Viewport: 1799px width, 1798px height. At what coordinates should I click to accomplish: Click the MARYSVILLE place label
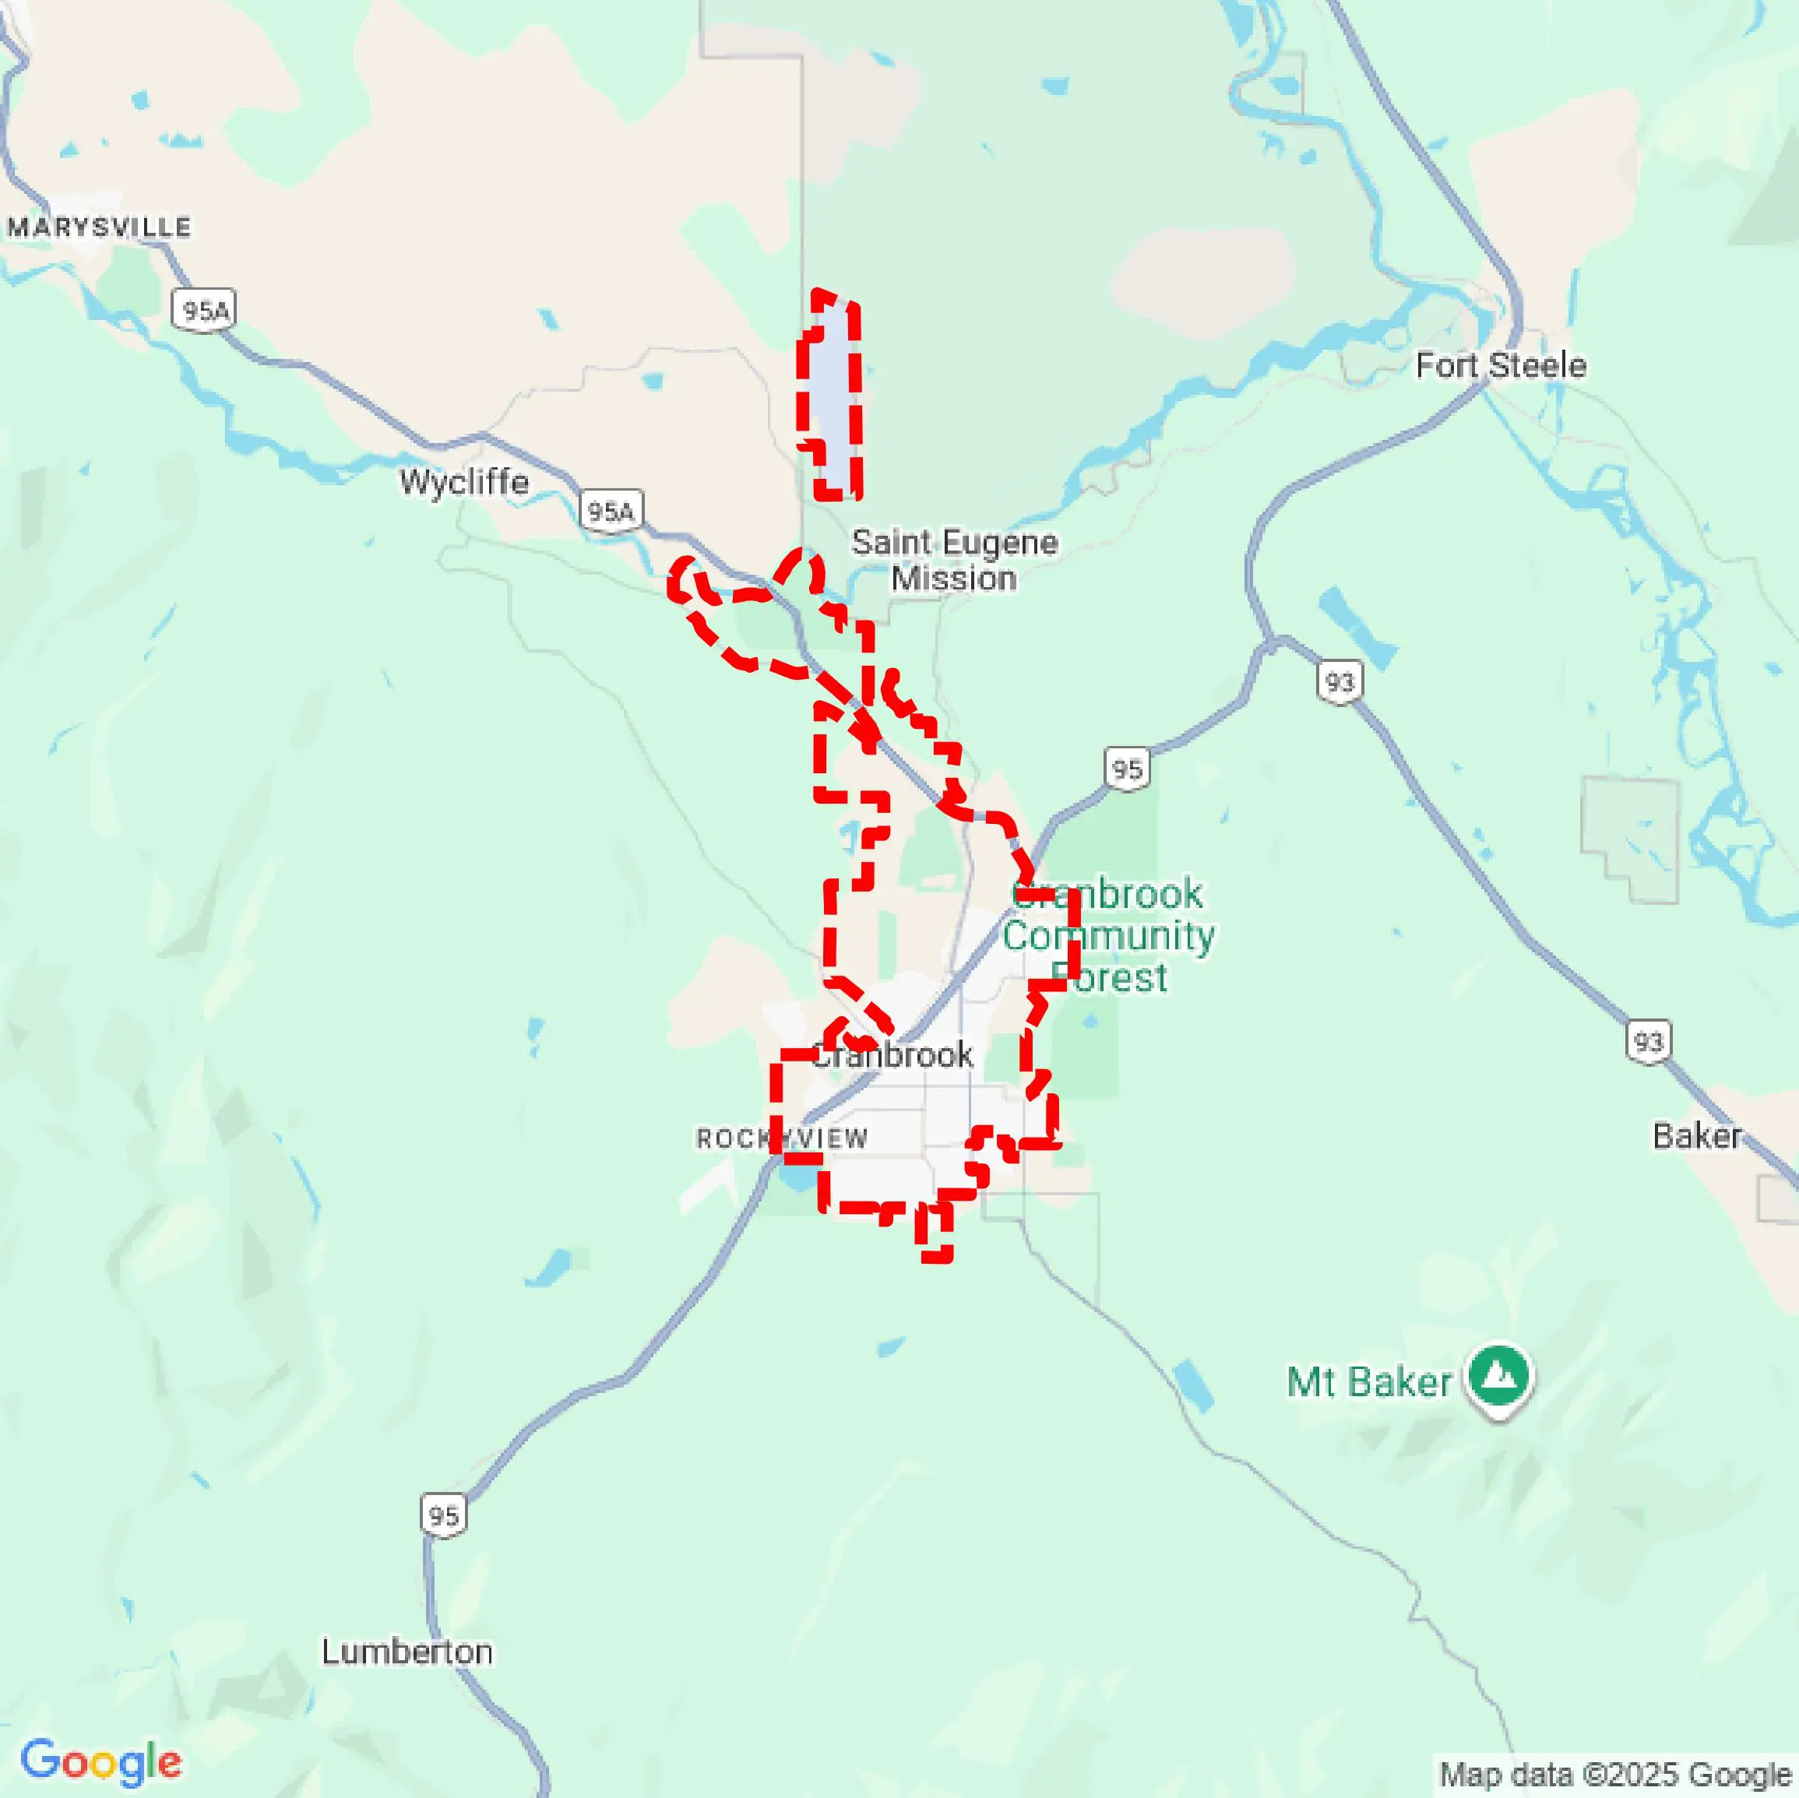(x=100, y=227)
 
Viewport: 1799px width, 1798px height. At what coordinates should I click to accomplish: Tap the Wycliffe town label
(x=463, y=481)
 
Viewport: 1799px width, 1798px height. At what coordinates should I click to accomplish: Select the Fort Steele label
(x=1500, y=365)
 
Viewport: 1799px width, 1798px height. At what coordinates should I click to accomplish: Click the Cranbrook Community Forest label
(x=1108, y=935)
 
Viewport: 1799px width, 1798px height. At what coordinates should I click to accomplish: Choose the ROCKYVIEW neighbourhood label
(x=781, y=1138)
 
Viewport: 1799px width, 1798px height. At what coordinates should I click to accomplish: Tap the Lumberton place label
(x=407, y=1651)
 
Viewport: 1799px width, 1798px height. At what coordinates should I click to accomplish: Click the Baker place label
(x=1695, y=1135)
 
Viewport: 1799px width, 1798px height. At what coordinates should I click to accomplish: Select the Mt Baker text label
(x=1368, y=1381)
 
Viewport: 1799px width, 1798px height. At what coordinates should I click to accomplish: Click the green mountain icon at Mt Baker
(x=1498, y=1375)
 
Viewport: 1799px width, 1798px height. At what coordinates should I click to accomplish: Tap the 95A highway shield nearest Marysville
(x=204, y=310)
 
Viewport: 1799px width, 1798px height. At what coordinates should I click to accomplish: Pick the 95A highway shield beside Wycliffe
(x=611, y=511)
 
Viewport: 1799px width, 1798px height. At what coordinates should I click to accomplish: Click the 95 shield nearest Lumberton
(x=443, y=1515)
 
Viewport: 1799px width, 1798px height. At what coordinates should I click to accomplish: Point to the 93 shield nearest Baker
(x=1647, y=1041)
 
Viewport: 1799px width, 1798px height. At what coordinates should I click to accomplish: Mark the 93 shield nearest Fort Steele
(x=1339, y=682)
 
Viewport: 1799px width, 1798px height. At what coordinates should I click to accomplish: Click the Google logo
(x=100, y=1761)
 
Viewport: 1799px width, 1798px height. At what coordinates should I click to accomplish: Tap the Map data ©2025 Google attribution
(x=1614, y=1774)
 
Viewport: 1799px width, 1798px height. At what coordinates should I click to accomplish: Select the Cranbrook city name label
(x=892, y=1055)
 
